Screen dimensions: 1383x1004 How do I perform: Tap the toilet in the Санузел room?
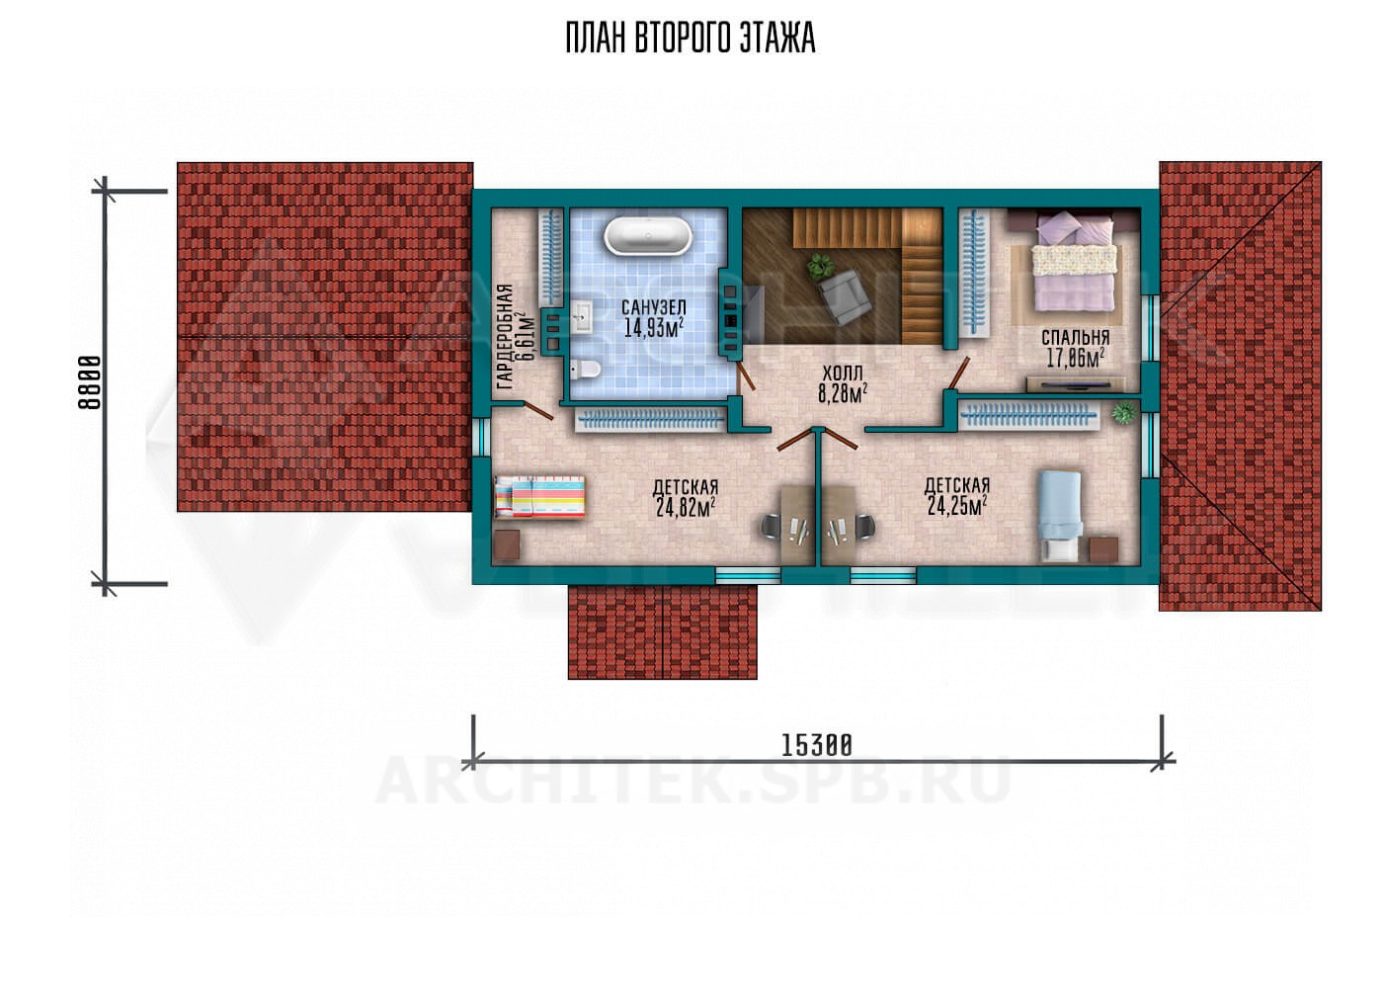tap(584, 370)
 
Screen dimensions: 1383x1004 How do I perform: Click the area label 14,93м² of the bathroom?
tap(653, 327)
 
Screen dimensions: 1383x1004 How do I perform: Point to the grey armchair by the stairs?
tap(844, 297)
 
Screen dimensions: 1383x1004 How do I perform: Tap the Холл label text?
tap(842, 373)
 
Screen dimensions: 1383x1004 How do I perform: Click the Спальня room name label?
tap(1075, 337)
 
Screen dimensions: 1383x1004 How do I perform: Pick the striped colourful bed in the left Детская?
tap(539, 496)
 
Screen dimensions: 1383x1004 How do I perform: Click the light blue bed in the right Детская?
tap(1059, 516)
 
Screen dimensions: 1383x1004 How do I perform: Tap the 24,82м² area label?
tap(686, 507)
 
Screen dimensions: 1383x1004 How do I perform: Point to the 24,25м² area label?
tap(956, 505)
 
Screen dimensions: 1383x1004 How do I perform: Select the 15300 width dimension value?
tap(817, 745)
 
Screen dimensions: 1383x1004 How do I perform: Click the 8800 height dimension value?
tap(90, 382)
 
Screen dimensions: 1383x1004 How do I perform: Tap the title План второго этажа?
tap(691, 39)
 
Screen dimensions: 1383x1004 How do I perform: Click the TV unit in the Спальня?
tap(1075, 384)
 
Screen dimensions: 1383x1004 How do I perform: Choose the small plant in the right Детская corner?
tap(1124, 412)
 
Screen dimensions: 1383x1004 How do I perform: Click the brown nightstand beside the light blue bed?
tap(1103, 549)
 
